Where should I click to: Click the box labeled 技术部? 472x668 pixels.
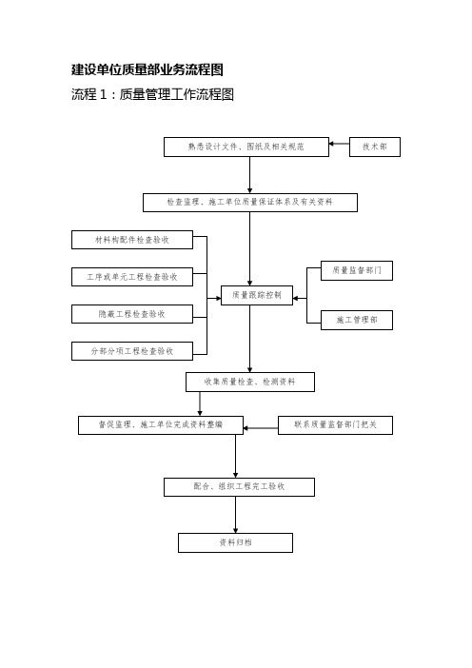(x=375, y=147)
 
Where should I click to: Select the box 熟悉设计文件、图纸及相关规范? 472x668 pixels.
(x=246, y=147)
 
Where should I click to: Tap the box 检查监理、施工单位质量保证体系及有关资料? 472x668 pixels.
(x=250, y=203)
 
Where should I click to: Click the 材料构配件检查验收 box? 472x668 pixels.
(x=132, y=240)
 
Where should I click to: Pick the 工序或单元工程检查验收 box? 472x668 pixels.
(x=132, y=277)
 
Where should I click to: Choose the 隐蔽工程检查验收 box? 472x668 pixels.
(x=132, y=314)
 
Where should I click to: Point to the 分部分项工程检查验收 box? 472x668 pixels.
(x=132, y=351)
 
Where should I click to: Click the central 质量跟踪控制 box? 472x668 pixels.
(x=257, y=295)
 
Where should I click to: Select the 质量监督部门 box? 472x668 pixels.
(x=357, y=270)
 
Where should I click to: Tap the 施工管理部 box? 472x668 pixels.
(x=357, y=320)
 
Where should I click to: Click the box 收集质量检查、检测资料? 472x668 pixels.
(x=250, y=382)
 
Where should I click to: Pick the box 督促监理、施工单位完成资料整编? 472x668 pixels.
(x=161, y=425)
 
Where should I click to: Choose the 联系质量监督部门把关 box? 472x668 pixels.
(x=335, y=425)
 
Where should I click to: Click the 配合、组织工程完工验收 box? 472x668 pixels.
(x=239, y=487)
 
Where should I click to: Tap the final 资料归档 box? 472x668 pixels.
(x=235, y=542)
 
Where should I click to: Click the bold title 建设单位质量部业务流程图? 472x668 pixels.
(x=147, y=69)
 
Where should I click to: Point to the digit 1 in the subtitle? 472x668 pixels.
(x=103, y=94)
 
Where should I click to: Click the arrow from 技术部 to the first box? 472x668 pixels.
(x=339, y=144)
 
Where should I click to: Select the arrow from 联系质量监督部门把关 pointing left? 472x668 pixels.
(x=261, y=427)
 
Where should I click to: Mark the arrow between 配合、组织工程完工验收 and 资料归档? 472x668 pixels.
(x=235, y=515)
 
